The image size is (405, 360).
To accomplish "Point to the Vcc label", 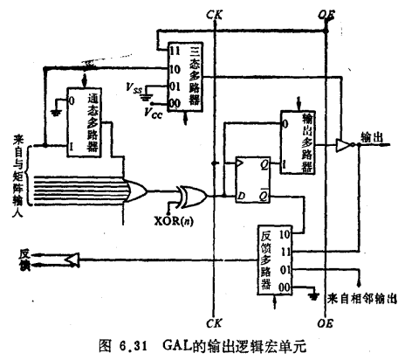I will (154, 111).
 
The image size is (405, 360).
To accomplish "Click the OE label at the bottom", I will (325, 322).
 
